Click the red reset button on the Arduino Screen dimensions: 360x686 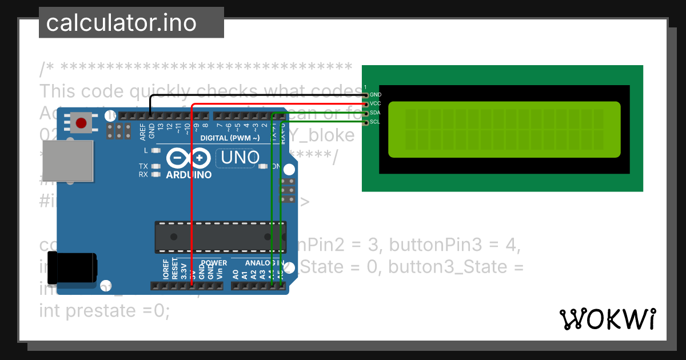coord(81,123)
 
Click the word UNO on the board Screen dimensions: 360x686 coord(240,157)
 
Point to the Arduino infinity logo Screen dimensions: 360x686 coord(189,158)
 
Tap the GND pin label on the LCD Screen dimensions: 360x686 coord(376,95)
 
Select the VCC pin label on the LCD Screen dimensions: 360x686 coord(376,104)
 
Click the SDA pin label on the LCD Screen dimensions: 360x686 coord(376,113)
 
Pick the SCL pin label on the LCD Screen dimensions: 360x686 coord(376,122)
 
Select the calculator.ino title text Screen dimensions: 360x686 coord(121,23)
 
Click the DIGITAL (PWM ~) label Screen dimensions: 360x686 coord(230,138)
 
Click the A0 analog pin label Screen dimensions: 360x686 coord(236,274)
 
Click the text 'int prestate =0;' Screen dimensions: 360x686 coord(105,311)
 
